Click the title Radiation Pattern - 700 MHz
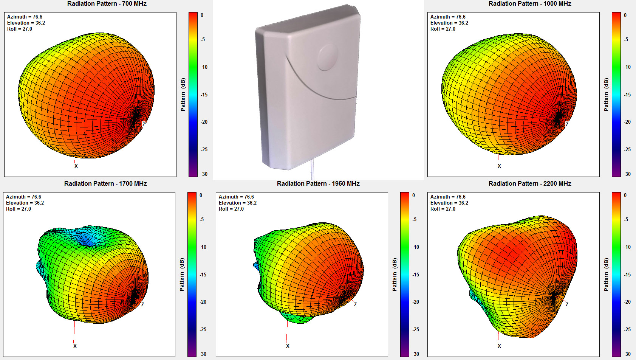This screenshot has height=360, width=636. point(107,4)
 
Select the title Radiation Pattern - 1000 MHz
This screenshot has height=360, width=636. point(529,4)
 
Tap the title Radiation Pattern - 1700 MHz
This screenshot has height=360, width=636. point(105,184)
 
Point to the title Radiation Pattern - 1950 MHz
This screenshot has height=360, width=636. point(318,184)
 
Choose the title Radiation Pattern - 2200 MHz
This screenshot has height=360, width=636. point(529,184)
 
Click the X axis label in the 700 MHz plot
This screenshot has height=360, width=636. point(76,166)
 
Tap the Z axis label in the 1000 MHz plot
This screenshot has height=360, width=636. point(567,124)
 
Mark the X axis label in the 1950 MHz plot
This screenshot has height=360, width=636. point(288,346)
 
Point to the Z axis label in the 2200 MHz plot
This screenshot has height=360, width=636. point(567,304)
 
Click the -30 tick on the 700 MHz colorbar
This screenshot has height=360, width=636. point(204,174)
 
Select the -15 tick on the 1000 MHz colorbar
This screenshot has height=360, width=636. point(627,95)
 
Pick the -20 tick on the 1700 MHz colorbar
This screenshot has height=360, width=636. point(203,302)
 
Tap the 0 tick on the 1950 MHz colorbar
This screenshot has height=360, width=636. point(413,196)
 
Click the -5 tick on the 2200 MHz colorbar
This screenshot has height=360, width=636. point(626,220)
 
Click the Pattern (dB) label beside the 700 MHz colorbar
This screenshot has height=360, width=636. point(183,95)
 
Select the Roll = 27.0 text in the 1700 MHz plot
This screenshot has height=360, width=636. point(19,209)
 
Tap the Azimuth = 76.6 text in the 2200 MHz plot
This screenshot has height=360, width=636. point(448,197)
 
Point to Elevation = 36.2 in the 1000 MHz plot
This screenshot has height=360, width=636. point(449,23)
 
